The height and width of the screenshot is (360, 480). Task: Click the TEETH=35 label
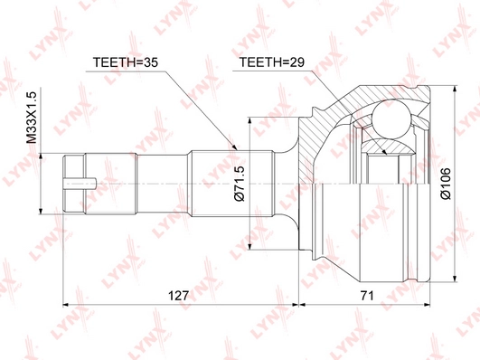pos(126,62)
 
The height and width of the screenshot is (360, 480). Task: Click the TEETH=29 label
pos(272,62)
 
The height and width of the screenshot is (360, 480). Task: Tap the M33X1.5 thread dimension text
pos(32,118)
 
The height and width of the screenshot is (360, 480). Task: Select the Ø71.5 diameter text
pos(240,184)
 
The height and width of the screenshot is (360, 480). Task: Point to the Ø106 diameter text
pos(446,184)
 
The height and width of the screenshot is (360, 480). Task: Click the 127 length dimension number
pos(178,296)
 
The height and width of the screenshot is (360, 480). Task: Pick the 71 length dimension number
pos(367,296)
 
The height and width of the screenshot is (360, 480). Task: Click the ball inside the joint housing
pos(391,119)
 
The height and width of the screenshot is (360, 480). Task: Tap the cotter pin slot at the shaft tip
pos(80,184)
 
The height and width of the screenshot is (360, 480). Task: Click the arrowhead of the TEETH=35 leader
pos(235,147)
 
